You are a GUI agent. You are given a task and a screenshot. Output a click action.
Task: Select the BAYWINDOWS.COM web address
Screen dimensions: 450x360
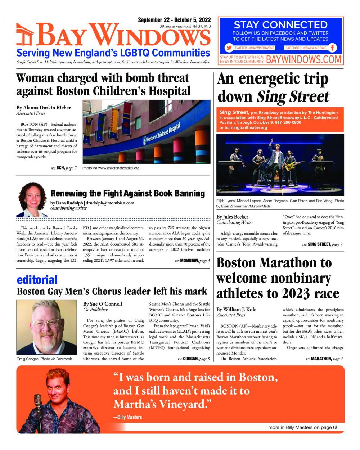coord(303,59)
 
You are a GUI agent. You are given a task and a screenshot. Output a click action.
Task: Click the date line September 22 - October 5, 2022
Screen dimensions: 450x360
coord(174,20)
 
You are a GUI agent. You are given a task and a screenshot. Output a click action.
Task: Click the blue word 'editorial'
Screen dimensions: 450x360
coord(37,280)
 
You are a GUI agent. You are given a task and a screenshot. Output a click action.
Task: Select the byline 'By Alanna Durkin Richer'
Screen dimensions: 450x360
coord(44,107)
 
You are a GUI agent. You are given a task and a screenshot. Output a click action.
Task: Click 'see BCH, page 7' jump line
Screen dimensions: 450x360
coord(63,168)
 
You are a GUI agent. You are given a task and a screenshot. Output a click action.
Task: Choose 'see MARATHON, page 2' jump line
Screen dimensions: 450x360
coord(324,359)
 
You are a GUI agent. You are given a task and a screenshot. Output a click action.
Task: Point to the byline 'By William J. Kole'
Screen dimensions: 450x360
coord(236,309)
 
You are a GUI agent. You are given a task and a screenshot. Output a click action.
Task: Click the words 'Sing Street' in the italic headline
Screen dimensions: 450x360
coord(293,96)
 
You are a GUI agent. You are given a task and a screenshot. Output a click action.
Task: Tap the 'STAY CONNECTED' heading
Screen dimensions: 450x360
coord(280,25)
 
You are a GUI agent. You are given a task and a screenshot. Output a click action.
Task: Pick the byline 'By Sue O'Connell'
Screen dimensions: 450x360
coord(103,304)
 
